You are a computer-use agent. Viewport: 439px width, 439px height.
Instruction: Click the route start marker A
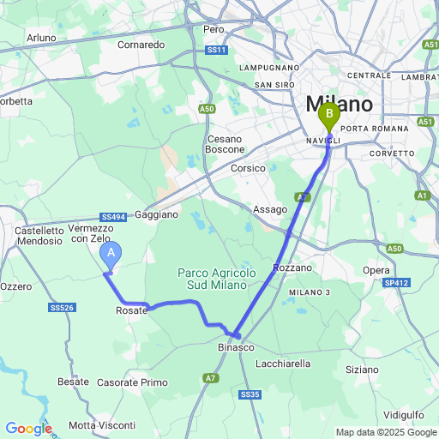point(111,254)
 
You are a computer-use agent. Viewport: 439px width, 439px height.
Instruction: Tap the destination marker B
point(328,113)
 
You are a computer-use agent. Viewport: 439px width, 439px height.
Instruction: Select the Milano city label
point(340,104)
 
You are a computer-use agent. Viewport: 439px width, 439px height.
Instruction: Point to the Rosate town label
point(131,310)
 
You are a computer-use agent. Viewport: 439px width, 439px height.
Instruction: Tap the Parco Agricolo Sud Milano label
point(217,279)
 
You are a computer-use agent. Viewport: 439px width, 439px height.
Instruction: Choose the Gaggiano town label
point(156,214)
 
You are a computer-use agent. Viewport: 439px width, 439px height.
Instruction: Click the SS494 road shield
point(113,217)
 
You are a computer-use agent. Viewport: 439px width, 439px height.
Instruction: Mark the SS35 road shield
point(249,394)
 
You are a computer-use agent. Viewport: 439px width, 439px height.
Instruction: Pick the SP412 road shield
point(396,283)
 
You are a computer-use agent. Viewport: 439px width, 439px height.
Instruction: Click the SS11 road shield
point(217,51)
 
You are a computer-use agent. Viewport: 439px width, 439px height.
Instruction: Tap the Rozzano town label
point(292,268)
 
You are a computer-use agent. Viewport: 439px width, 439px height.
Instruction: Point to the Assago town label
point(270,209)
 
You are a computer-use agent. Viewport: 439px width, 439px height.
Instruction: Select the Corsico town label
point(248,169)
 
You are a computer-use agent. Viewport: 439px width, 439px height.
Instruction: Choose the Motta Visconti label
point(102,425)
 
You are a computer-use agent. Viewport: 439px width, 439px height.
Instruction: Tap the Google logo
point(28,428)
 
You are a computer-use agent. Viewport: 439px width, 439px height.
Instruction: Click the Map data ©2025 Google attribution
point(385,432)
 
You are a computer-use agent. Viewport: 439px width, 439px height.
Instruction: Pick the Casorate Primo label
point(133,382)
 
